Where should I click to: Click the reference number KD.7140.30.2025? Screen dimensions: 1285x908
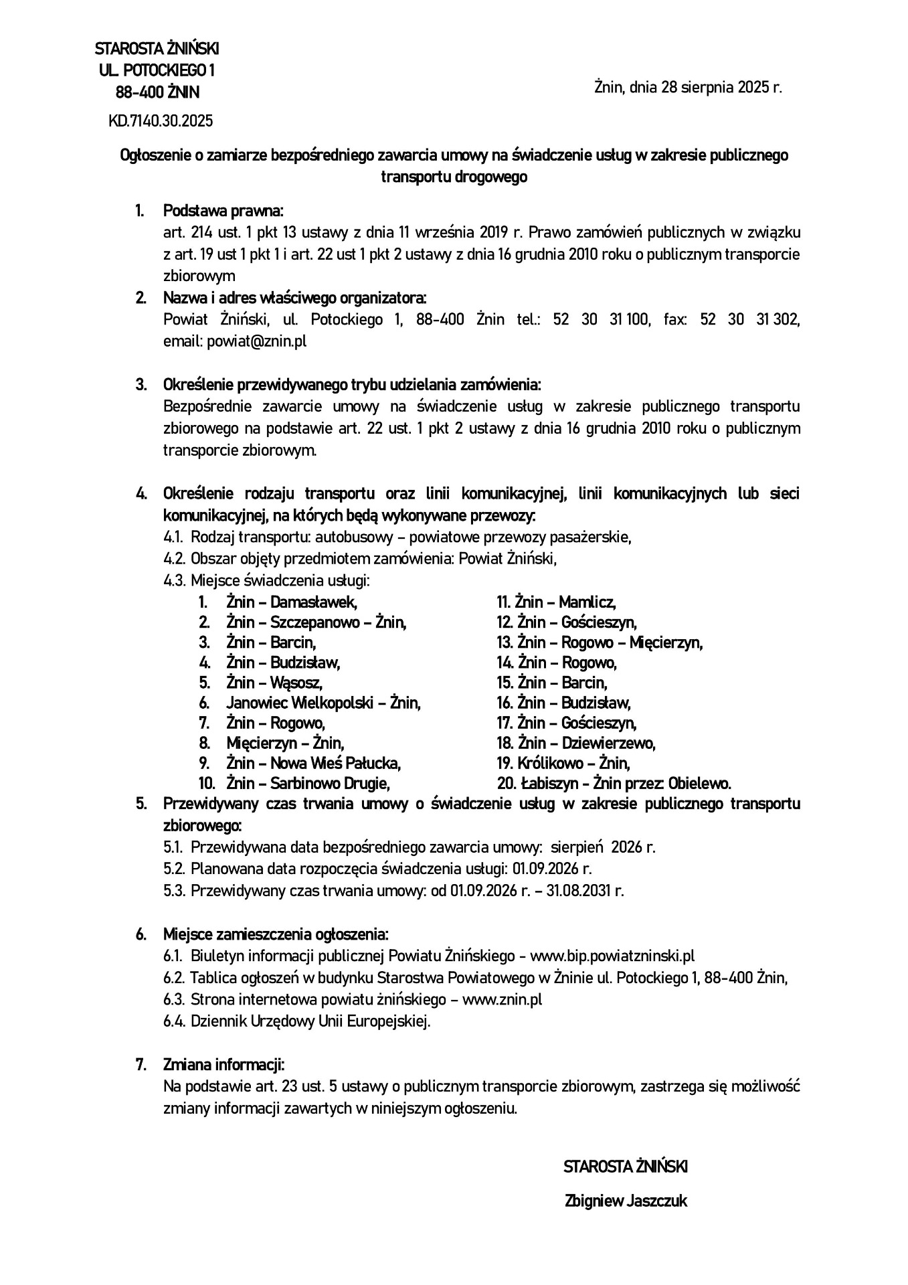(161, 121)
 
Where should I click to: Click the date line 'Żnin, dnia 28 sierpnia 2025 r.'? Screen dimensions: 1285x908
(688, 87)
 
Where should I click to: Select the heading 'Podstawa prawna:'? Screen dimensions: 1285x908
(223, 211)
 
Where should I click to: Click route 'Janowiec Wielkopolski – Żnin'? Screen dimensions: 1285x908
(323, 703)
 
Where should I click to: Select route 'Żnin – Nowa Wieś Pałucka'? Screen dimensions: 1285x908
(313, 763)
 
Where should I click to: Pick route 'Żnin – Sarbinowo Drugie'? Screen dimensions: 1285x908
(308, 783)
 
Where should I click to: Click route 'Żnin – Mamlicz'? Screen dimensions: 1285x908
(566, 602)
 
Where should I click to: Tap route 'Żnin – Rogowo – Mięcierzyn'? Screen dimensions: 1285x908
(609, 642)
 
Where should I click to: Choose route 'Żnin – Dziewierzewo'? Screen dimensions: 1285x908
(586, 743)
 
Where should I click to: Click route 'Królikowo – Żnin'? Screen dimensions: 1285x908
(573, 763)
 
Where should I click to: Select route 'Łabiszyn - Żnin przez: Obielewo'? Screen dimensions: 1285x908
(624, 783)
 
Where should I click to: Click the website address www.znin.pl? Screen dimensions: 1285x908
(502, 1000)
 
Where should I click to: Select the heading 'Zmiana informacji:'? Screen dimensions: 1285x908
(224, 1065)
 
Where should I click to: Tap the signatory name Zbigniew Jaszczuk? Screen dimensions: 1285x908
(626, 1201)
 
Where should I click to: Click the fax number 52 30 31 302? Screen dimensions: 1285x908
(749, 320)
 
